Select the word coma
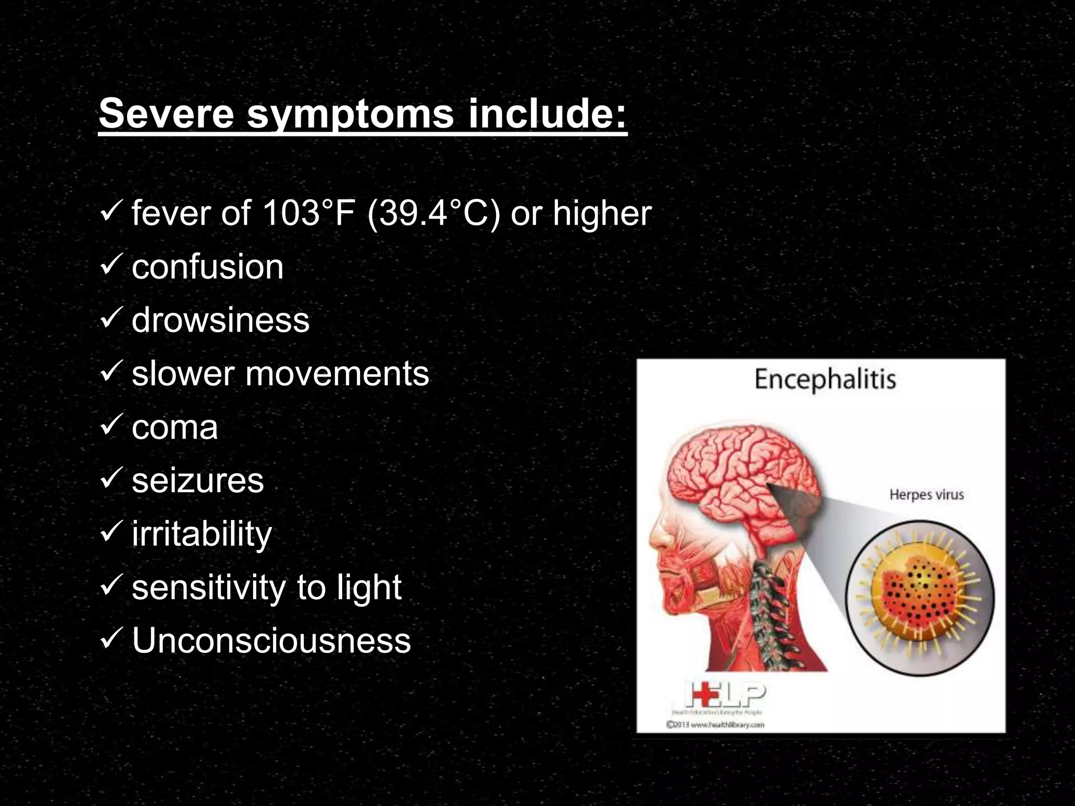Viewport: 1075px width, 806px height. (174, 427)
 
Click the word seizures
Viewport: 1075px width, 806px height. (197, 481)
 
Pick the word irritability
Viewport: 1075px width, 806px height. (202, 535)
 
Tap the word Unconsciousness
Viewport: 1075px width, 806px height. (271, 641)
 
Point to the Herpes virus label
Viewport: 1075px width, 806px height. (926, 495)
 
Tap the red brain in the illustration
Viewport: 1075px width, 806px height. (740, 478)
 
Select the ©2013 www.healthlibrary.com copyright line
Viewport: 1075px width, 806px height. (715, 725)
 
